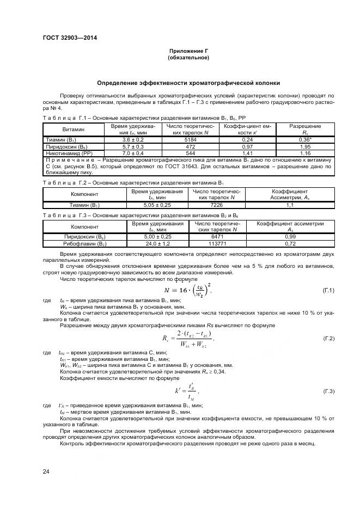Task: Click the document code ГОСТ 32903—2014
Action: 66,38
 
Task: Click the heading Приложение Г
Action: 188,51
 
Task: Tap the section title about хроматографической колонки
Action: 188,83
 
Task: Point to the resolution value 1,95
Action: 305,147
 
